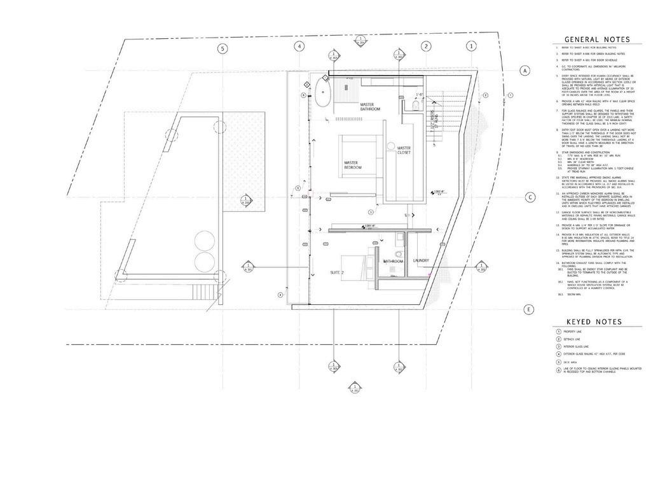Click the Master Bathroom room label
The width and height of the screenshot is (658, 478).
(370, 107)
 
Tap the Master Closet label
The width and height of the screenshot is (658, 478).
(404, 150)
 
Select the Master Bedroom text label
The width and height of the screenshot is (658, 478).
(353, 165)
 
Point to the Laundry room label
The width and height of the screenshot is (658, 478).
(421, 260)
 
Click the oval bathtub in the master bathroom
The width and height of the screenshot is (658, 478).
(319, 93)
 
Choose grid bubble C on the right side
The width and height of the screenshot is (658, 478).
(529, 197)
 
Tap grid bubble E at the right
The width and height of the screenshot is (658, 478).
(528, 310)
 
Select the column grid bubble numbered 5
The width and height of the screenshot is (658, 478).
(223, 48)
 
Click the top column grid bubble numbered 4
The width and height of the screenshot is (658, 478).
(301, 47)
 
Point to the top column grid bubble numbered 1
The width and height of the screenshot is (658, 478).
(471, 46)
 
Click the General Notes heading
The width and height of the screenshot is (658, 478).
(597, 39)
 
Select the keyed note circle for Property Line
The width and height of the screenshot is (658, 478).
(558, 332)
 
